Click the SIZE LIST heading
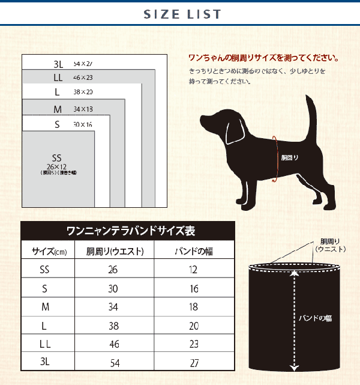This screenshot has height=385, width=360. [182, 14]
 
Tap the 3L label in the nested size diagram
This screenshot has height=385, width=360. [58, 63]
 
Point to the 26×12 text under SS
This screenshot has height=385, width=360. [58, 166]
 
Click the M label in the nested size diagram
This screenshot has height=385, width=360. [58, 109]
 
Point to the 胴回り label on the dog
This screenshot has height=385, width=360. [290, 158]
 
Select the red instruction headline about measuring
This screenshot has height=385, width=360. [263, 59]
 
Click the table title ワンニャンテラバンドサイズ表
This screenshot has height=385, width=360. [127, 231]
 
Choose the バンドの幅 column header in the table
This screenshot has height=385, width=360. [193, 251]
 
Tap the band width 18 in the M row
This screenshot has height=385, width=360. [193, 307]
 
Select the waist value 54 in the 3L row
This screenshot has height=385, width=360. [113, 363]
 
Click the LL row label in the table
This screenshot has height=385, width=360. [45, 344]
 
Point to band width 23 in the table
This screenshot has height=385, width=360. [193, 344]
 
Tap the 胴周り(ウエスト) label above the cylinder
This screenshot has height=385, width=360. [331, 245]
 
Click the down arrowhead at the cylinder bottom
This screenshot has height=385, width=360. [294, 368]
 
